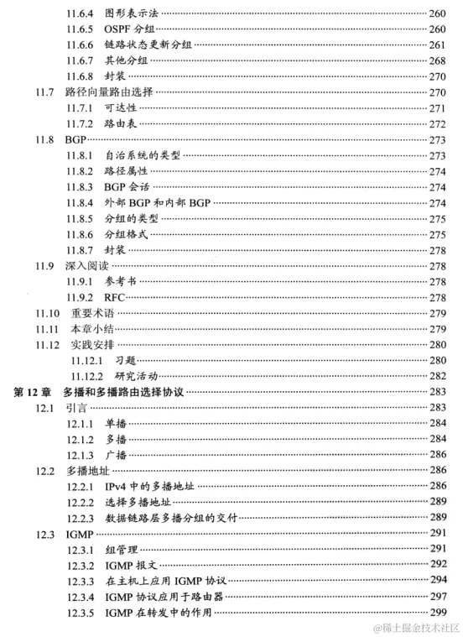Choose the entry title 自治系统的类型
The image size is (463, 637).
(141, 155)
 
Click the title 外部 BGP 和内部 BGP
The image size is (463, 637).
(156, 202)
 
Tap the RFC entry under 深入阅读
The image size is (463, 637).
(114, 297)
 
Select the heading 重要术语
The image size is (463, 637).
(92, 313)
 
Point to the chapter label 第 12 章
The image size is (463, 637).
(34, 392)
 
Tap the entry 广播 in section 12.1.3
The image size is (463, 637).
(115, 455)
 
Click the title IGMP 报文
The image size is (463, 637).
(133, 565)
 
